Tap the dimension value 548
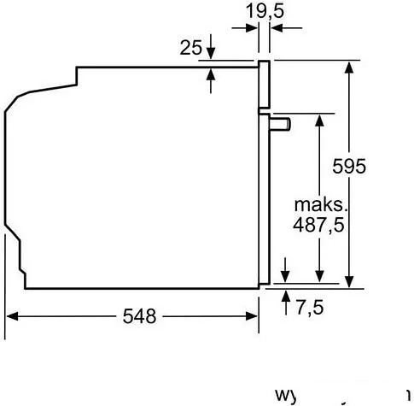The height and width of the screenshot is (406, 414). coord(139,316)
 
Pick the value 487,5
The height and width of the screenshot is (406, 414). coord(319,227)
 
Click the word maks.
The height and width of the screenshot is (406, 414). coord(320,206)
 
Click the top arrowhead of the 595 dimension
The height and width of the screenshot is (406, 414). coord(350,67)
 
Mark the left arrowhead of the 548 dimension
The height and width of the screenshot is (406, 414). coord(13,316)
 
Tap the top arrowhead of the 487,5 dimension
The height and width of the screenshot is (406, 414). coord(319,119)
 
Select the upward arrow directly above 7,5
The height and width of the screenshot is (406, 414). coord(284,295)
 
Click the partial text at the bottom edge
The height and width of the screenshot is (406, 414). coord(341,396)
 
